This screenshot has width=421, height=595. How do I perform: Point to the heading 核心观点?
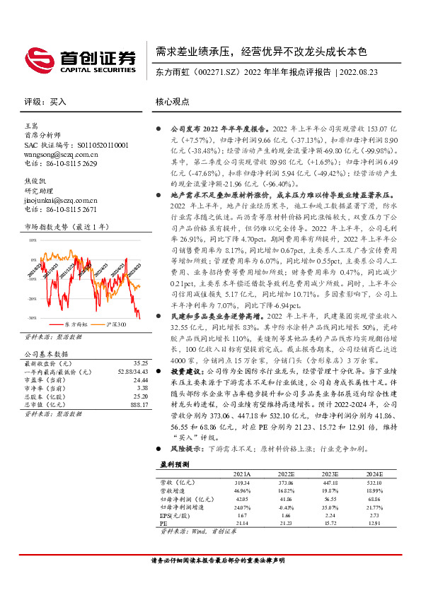pyautogui.click(x=173, y=102)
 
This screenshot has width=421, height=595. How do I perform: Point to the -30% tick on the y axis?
pyautogui.click(x=33, y=318)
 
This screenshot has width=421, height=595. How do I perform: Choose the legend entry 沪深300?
pyautogui.click(x=117, y=324)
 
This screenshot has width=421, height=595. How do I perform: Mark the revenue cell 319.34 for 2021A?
pyautogui.click(x=242, y=482)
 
